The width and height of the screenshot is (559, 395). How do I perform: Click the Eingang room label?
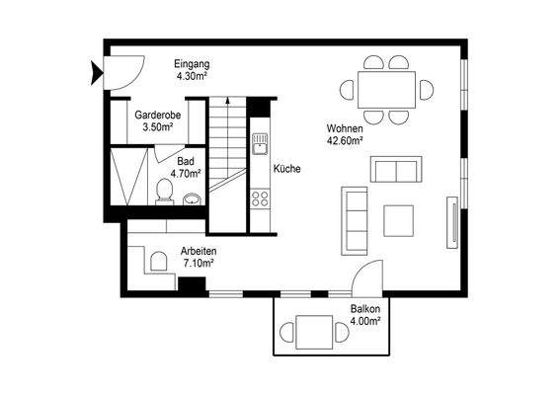pos(192,69)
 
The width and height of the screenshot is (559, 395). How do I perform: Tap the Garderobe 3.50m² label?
pos(156,120)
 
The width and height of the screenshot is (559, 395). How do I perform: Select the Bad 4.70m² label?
pos(186,167)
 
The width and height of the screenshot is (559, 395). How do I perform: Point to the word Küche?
pos(287,169)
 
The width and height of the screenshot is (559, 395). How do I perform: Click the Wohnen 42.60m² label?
pos(346,134)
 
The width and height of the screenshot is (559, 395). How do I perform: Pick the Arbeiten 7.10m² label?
pos(199,258)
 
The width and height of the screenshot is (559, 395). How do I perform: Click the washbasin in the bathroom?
pos(192,198)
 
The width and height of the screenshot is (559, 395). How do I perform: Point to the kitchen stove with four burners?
pos(261,199)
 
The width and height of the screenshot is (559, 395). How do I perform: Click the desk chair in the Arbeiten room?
pos(155,261)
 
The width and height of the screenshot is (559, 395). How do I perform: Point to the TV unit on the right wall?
pos(452,221)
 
